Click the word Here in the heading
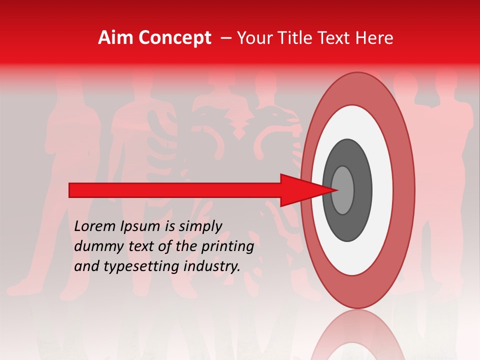coord(375,38)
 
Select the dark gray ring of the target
coord(362,190)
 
